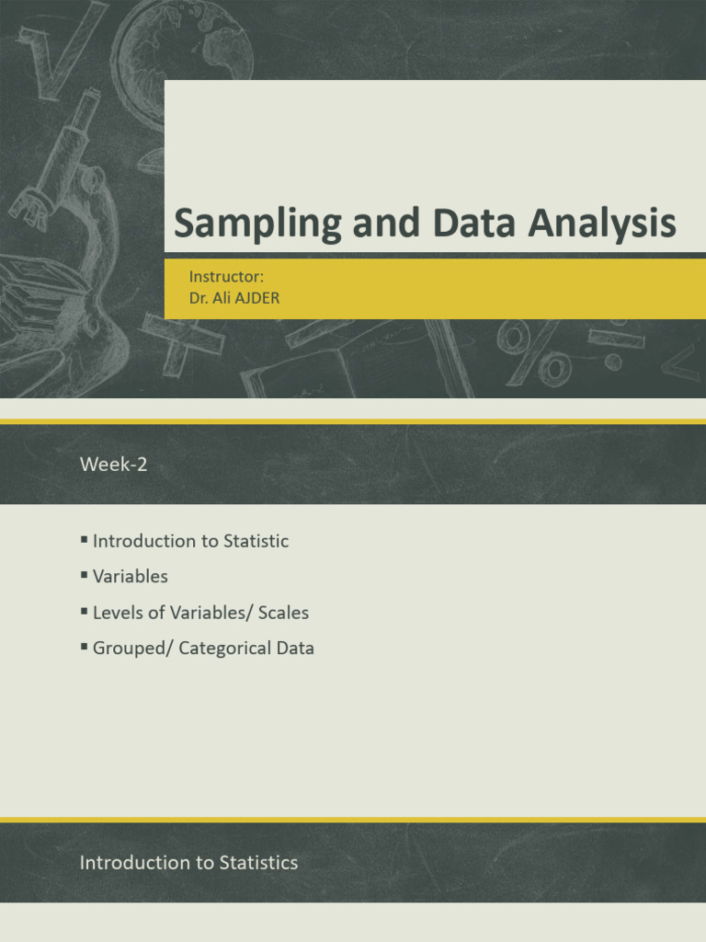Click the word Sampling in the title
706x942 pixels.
[257, 224]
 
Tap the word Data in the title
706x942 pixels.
[473, 223]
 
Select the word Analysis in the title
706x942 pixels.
[602, 224]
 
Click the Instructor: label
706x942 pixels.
[226, 276]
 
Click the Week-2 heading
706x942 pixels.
[113, 464]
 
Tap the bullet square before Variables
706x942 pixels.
[84, 575]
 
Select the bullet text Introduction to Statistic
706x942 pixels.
[190, 541]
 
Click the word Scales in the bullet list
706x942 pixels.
[283, 612]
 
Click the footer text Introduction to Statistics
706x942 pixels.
[188, 863]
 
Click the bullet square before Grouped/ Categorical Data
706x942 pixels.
[84, 647]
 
